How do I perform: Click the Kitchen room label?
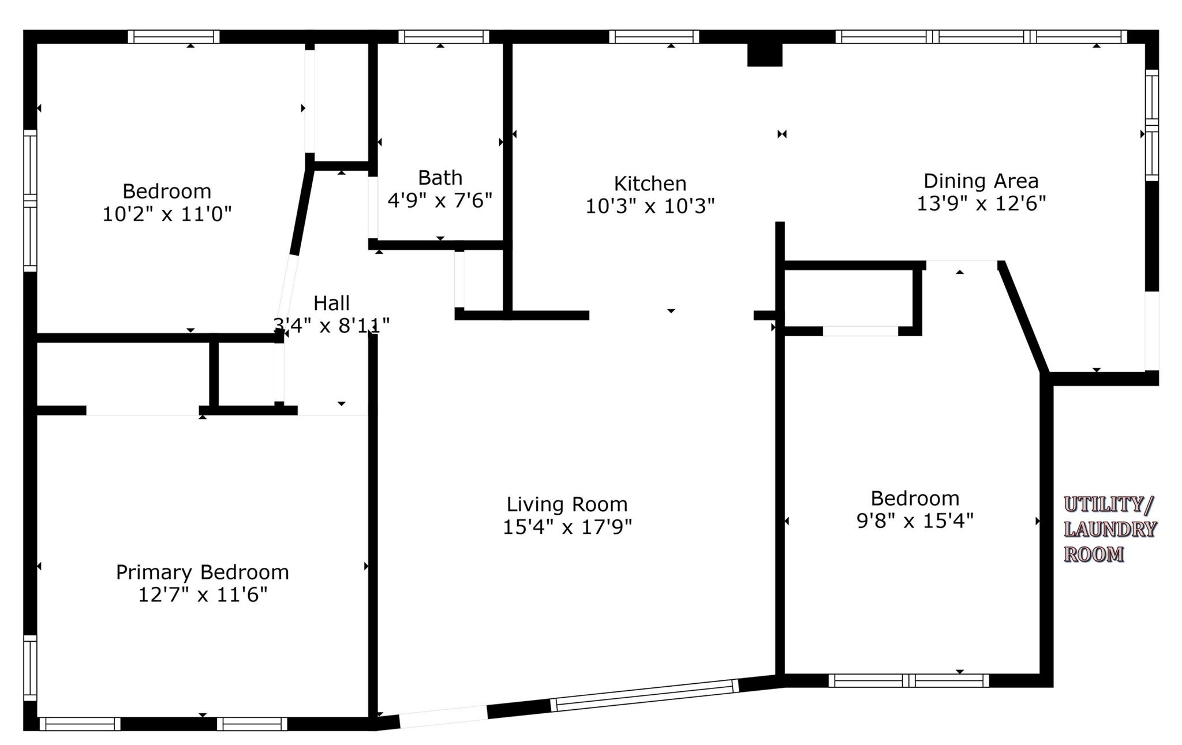650,184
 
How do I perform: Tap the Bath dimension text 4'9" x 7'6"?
440,200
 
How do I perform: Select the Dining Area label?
981,181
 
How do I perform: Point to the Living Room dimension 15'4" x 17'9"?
567,527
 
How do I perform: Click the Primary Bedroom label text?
202,572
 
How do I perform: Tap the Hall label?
331,303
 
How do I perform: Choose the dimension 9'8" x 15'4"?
915,521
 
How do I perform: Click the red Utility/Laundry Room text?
1109,529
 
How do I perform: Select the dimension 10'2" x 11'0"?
167,214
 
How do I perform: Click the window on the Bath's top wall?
444,36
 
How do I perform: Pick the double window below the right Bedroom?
909,680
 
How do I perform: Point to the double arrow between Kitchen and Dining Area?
782,134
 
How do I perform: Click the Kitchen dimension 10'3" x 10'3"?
650,206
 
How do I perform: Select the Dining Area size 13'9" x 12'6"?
981,203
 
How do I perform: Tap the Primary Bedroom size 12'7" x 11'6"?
203,594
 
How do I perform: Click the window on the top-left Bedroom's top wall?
174,36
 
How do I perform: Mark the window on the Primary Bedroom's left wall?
30,668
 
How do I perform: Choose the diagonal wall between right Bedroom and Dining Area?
1024,317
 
